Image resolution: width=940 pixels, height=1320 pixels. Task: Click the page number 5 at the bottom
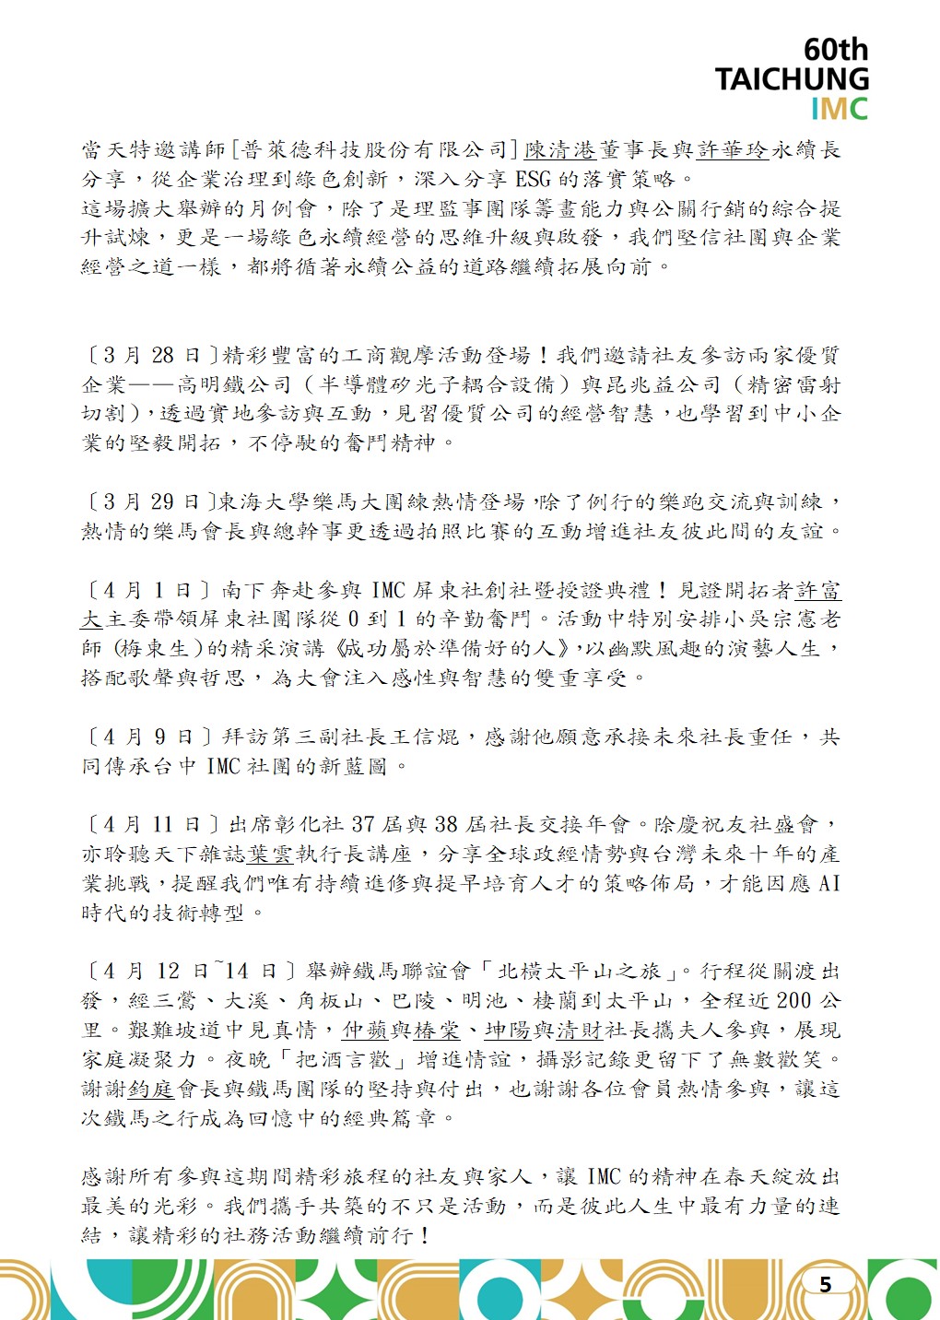pyautogui.click(x=825, y=1284)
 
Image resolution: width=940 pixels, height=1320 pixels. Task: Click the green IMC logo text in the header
pyautogui.click(x=839, y=109)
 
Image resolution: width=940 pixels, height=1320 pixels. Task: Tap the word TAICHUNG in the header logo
pyautogui.click(x=792, y=79)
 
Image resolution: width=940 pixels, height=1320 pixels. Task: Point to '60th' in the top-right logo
pyautogui.click(x=835, y=49)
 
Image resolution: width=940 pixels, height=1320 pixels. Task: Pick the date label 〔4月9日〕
pyautogui.click(x=149, y=737)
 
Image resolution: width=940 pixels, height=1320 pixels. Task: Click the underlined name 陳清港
pyautogui.click(x=560, y=149)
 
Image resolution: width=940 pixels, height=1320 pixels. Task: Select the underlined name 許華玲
pyautogui.click(x=733, y=149)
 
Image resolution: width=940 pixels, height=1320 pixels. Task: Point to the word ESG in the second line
pyautogui.click(x=533, y=179)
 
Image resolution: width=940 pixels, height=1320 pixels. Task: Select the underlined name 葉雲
pyautogui.click(x=269, y=854)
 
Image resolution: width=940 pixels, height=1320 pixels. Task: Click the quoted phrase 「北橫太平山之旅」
pyautogui.click(x=579, y=971)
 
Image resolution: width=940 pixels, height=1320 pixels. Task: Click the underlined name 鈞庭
pyautogui.click(x=151, y=1089)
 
